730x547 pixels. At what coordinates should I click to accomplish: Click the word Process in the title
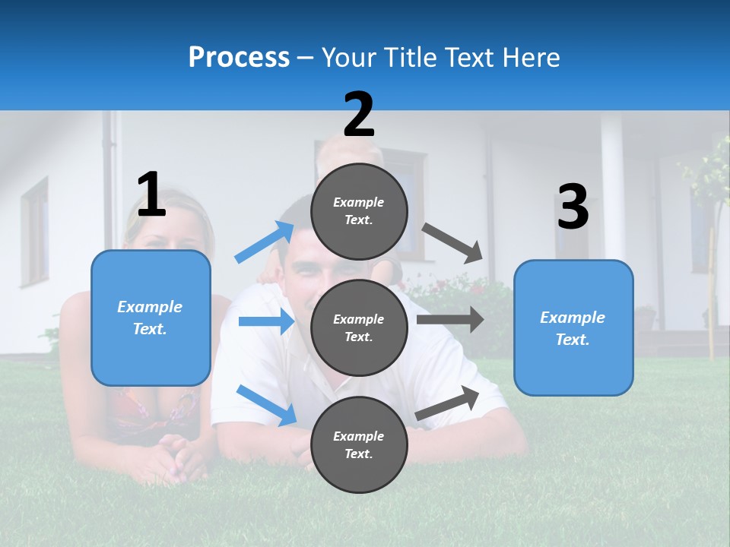(x=239, y=57)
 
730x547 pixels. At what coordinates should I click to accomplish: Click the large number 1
(x=151, y=194)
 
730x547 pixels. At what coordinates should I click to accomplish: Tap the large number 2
(x=359, y=115)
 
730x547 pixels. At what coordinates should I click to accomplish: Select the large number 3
(x=573, y=207)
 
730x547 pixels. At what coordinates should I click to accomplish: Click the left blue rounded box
(x=151, y=318)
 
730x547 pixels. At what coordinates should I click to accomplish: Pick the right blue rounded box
(x=573, y=327)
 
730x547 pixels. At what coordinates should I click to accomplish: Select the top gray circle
(x=359, y=211)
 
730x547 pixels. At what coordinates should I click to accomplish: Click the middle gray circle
(x=359, y=327)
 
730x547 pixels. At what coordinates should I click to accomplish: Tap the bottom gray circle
(x=359, y=444)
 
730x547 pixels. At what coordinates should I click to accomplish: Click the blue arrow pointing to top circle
(x=265, y=242)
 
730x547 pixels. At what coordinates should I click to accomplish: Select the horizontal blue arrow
(x=266, y=321)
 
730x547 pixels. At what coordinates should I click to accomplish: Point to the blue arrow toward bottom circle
(x=266, y=405)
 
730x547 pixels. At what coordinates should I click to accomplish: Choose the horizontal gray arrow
(x=449, y=319)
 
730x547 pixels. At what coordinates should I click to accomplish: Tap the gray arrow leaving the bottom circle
(x=447, y=403)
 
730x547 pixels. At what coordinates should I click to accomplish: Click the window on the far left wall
(x=34, y=232)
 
